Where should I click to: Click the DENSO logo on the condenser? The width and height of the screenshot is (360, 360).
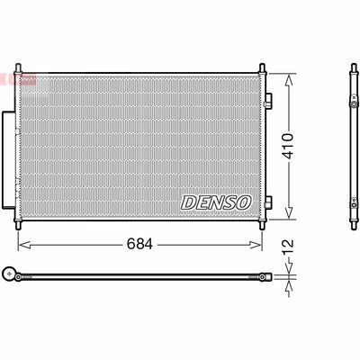(216, 202)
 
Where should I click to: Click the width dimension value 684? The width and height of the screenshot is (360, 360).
(139, 244)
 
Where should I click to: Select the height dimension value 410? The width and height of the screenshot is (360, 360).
(289, 146)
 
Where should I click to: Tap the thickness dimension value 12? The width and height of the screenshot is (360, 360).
(288, 247)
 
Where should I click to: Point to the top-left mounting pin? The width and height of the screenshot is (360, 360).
(18, 67)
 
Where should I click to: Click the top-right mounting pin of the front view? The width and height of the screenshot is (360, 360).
(262, 67)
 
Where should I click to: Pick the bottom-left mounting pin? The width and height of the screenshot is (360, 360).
(18, 225)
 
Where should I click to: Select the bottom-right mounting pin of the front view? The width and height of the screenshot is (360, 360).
(262, 225)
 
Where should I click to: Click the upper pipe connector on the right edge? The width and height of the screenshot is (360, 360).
(268, 101)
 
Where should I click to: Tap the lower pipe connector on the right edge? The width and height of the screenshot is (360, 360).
(268, 202)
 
